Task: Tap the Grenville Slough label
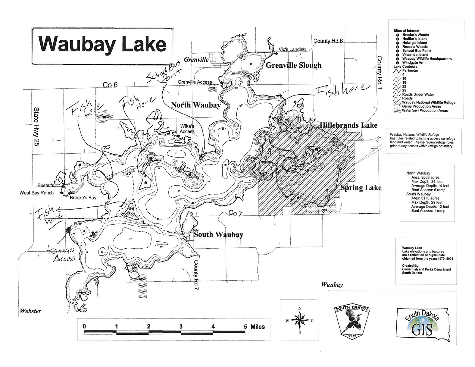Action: point(293,65)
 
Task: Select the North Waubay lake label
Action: point(196,105)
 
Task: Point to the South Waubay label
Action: point(218,235)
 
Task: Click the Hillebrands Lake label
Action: point(348,125)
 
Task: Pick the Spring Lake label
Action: point(361,188)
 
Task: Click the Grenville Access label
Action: point(195,82)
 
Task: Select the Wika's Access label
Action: point(187,129)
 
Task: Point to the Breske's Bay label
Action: point(83,198)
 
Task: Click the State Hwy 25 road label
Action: point(36,127)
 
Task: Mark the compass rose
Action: point(300,320)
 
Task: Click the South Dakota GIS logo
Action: point(422,323)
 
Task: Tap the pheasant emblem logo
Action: point(352,321)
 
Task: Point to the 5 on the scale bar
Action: point(245,327)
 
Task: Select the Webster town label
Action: point(30,311)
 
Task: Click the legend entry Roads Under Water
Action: point(418,94)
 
